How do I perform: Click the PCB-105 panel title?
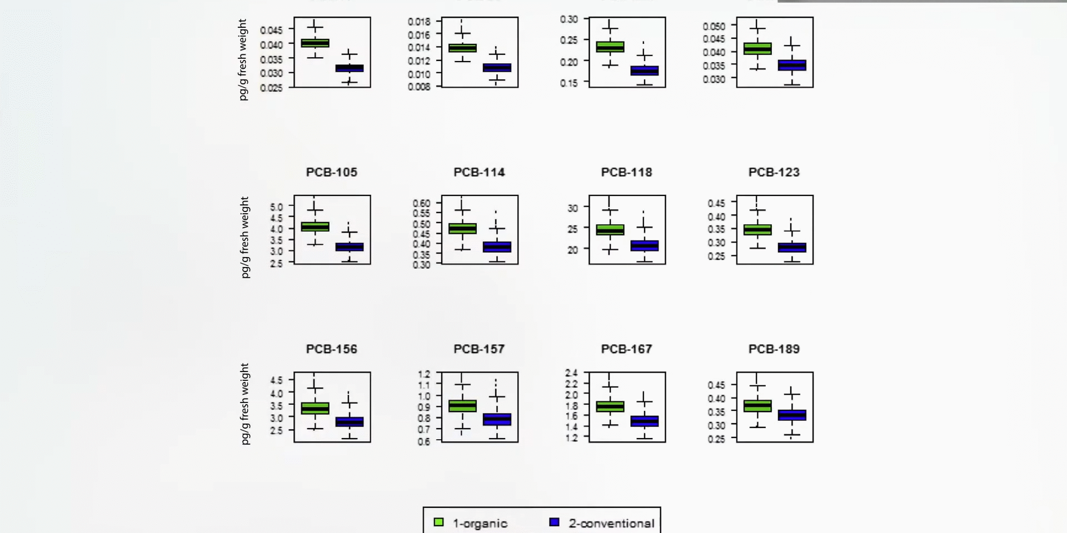[331, 172]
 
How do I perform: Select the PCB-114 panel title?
[479, 172]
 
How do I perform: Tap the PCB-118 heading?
[626, 172]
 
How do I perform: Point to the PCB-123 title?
[774, 172]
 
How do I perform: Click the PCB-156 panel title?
[331, 349]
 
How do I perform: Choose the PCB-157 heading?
[479, 349]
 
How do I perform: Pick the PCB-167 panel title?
[626, 349]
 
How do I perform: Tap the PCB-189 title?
[774, 349]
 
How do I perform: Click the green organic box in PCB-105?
[315, 227]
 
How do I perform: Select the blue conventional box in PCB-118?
[644, 245]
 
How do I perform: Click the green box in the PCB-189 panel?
[757, 406]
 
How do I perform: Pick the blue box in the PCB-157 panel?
[497, 419]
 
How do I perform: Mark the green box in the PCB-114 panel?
[462, 228]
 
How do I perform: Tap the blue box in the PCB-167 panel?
[644, 421]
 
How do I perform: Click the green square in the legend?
[438, 522]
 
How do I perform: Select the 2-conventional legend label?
[611, 523]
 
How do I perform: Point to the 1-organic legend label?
[480, 523]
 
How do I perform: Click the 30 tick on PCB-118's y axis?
[572, 208]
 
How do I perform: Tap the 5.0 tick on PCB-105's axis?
[276, 207]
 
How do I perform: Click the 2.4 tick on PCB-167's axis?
[571, 373]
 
